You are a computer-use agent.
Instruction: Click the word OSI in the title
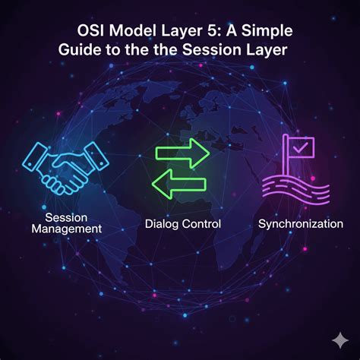point(90,31)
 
